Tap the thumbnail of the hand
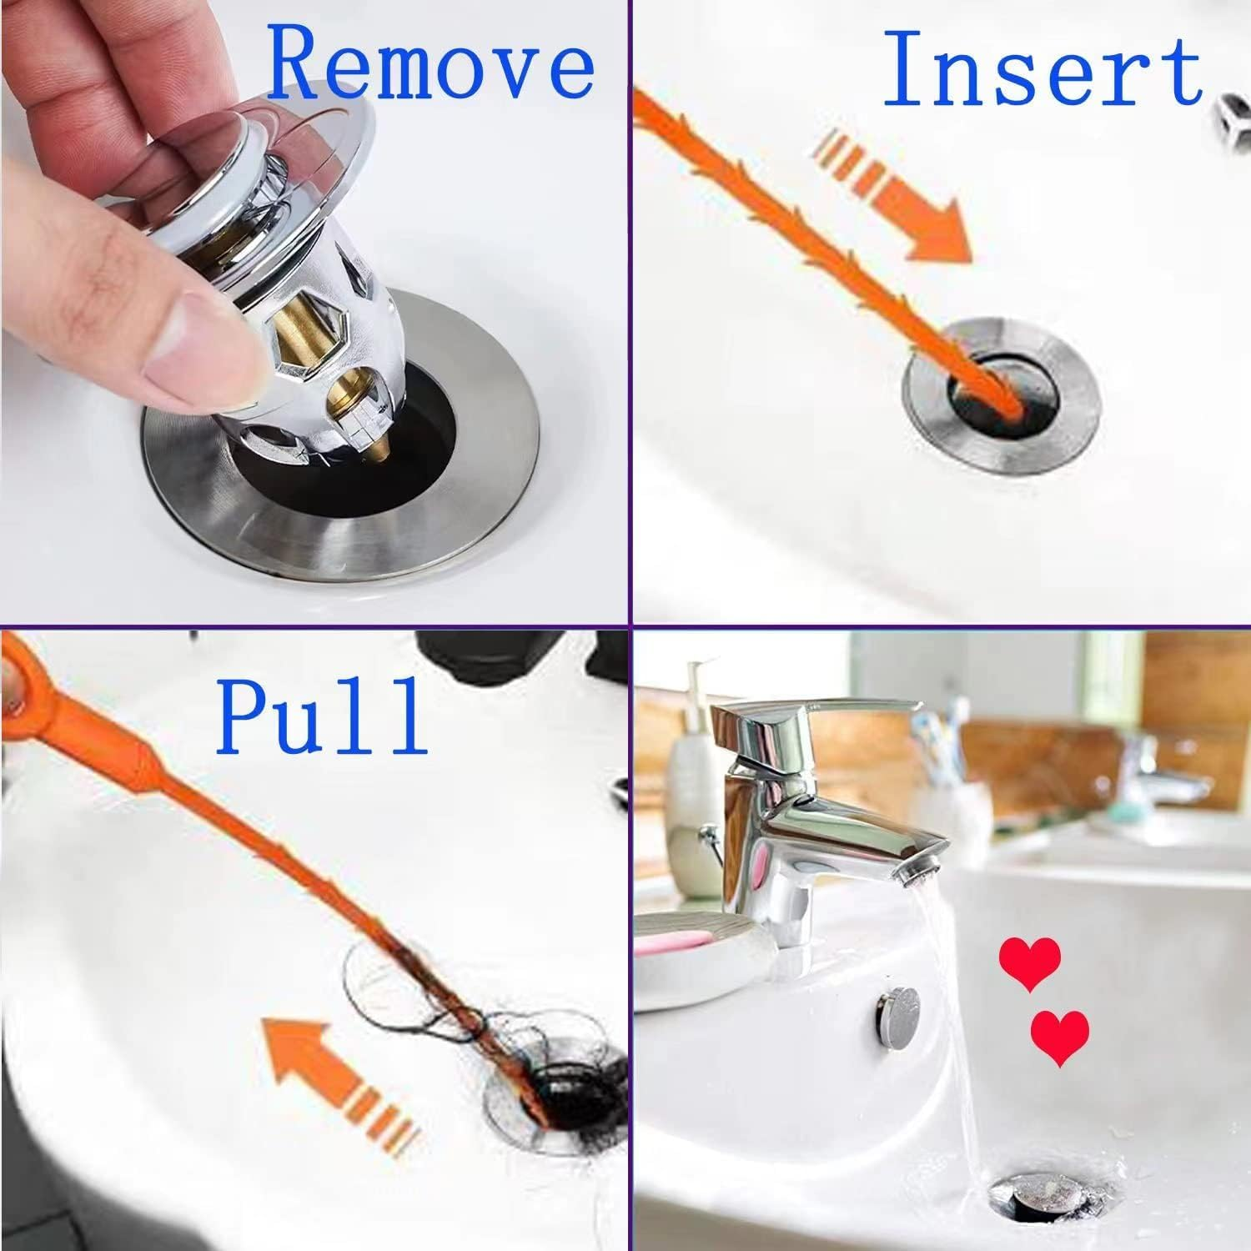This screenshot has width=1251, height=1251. click(213, 334)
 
